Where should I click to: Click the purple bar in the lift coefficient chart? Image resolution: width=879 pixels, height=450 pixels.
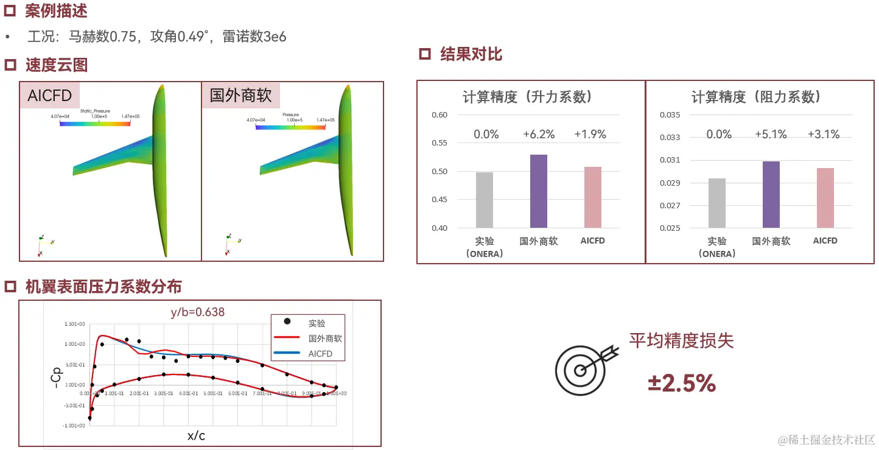point(539,191)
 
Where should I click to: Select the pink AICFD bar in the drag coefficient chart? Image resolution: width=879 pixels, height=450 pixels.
point(825,198)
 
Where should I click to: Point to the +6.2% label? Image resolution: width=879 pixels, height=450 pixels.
point(539,135)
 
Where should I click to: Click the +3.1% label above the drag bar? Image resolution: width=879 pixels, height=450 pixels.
point(824,135)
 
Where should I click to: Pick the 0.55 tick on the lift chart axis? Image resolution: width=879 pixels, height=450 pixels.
point(439,143)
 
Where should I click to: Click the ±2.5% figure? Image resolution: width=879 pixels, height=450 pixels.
point(682,384)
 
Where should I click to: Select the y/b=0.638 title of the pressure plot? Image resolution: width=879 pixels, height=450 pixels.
point(197,312)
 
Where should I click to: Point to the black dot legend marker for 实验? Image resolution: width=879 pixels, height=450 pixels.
point(287,322)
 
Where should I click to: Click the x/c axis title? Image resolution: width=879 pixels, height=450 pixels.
point(196,436)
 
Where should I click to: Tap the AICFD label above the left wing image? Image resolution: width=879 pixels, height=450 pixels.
point(50,96)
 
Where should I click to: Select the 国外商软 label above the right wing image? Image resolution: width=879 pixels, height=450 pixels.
point(240,96)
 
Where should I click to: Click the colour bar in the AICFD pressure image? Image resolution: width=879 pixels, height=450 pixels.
point(96,124)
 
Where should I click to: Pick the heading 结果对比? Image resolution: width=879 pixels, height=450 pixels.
point(471,54)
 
